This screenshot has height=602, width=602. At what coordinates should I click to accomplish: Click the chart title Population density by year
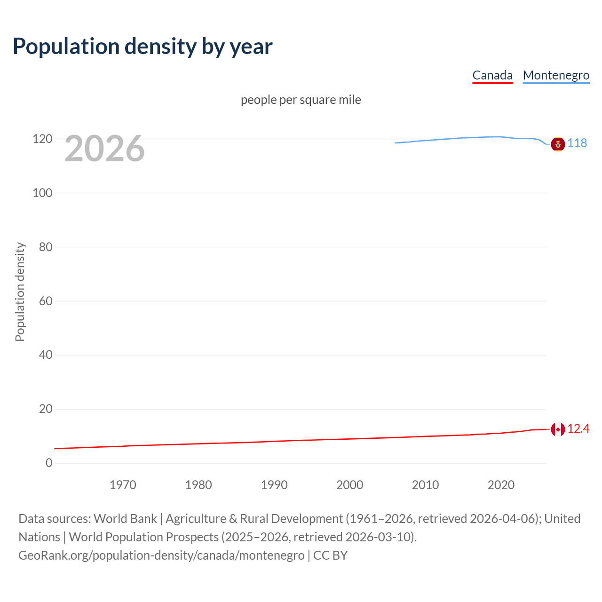[143, 47]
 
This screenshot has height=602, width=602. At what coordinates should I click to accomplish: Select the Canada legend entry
[492, 75]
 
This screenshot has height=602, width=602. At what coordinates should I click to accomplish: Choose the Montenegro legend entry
[556, 75]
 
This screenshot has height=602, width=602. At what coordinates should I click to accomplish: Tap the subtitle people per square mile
[301, 100]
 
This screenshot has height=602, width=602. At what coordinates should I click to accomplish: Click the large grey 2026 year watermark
[104, 149]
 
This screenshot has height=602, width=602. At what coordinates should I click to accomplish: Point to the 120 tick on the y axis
[42, 139]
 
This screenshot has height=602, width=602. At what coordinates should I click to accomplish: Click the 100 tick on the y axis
[42, 193]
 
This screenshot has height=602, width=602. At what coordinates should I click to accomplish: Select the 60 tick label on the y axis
[46, 301]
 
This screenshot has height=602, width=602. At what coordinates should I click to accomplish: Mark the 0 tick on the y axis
[49, 463]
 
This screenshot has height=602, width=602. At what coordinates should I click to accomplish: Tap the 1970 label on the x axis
[123, 485]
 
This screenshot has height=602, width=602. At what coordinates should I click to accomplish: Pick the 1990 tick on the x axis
[274, 485]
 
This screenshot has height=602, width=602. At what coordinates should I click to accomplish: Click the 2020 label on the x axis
[501, 485]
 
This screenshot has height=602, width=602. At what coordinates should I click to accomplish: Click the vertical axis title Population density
[20, 292]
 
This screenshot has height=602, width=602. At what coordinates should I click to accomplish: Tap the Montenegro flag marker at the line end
[558, 144]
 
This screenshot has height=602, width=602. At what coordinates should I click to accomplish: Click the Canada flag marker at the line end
[558, 429]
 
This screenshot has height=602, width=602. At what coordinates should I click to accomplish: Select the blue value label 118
[577, 143]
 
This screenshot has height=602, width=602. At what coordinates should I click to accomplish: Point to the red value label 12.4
[578, 428]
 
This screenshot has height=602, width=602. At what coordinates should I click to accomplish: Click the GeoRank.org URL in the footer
[161, 555]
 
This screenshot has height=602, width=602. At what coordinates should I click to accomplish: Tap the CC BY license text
[330, 555]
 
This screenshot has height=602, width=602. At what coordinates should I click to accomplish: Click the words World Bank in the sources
[125, 518]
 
